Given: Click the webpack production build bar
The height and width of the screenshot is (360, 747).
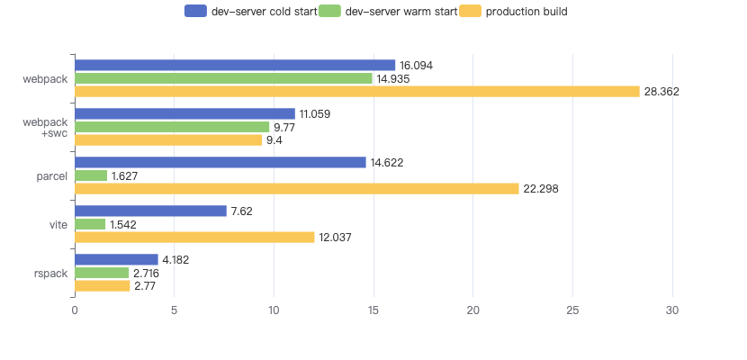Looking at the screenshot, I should click(356, 92).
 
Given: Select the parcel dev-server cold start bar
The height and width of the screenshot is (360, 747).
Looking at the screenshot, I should click(220, 162).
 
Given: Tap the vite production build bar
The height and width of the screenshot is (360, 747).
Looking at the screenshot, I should click(194, 237).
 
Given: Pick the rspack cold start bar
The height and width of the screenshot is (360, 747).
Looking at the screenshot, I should click(116, 259).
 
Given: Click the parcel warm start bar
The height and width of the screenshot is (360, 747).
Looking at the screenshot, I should click(91, 175).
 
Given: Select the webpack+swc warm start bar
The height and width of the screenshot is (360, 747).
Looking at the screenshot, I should click(172, 127).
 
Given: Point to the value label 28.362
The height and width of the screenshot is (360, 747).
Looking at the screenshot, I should click(661, 92).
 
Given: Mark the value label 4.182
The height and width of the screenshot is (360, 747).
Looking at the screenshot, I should click(177, 260).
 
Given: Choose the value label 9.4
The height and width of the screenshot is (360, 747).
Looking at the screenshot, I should click(274, 140).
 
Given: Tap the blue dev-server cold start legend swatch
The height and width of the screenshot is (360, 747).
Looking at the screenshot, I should click(195, 12).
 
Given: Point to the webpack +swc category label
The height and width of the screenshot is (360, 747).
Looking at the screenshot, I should click(45, 127).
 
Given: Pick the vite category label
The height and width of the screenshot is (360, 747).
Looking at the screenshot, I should click(58, 224).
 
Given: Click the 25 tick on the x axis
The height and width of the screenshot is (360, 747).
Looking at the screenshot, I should click(573, 310).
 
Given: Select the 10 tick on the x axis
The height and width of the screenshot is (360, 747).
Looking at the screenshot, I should click(274, 310).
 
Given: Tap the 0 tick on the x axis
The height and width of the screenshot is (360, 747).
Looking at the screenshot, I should click(75, 310).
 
